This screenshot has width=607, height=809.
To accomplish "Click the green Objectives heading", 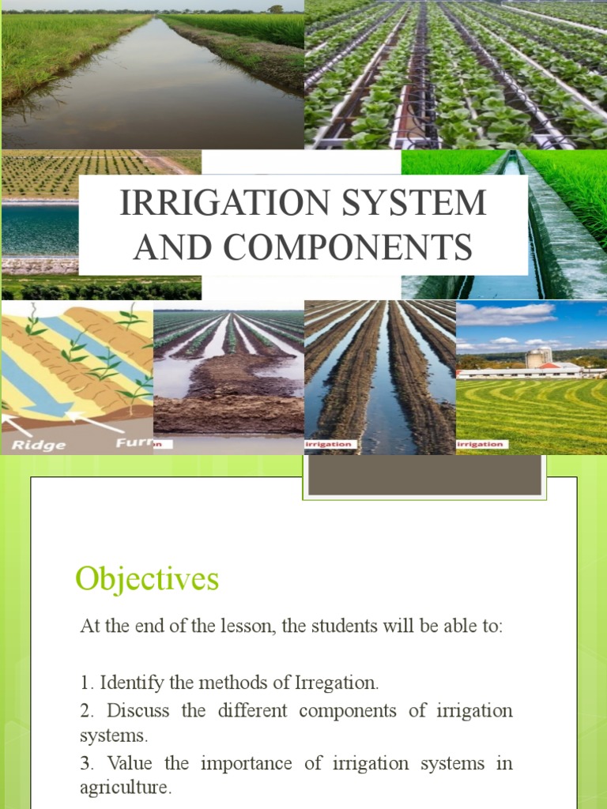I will tap(147, 580).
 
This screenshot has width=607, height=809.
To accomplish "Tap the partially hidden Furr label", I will tap(134, 443).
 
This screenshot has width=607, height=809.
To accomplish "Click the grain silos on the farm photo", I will tap(538, 357).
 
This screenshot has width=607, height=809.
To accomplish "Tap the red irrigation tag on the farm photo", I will tap(483, 445).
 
